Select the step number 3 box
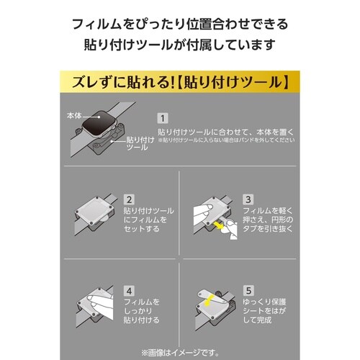pos(268,199)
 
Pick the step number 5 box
pos(268,291)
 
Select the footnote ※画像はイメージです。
pos(180,350)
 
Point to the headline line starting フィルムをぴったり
pos(180,24)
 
